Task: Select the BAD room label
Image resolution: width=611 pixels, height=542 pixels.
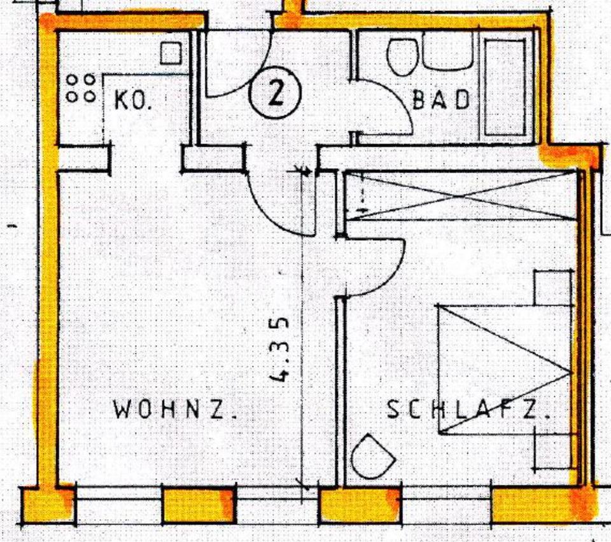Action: [441, 100]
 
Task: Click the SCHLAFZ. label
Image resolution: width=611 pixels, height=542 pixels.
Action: [468, 410]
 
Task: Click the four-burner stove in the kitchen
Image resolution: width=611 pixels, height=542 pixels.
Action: [81, 88]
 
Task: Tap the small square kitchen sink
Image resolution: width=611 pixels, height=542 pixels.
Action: [171, 53]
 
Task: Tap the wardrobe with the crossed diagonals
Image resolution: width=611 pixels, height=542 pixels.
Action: [462, 196]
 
